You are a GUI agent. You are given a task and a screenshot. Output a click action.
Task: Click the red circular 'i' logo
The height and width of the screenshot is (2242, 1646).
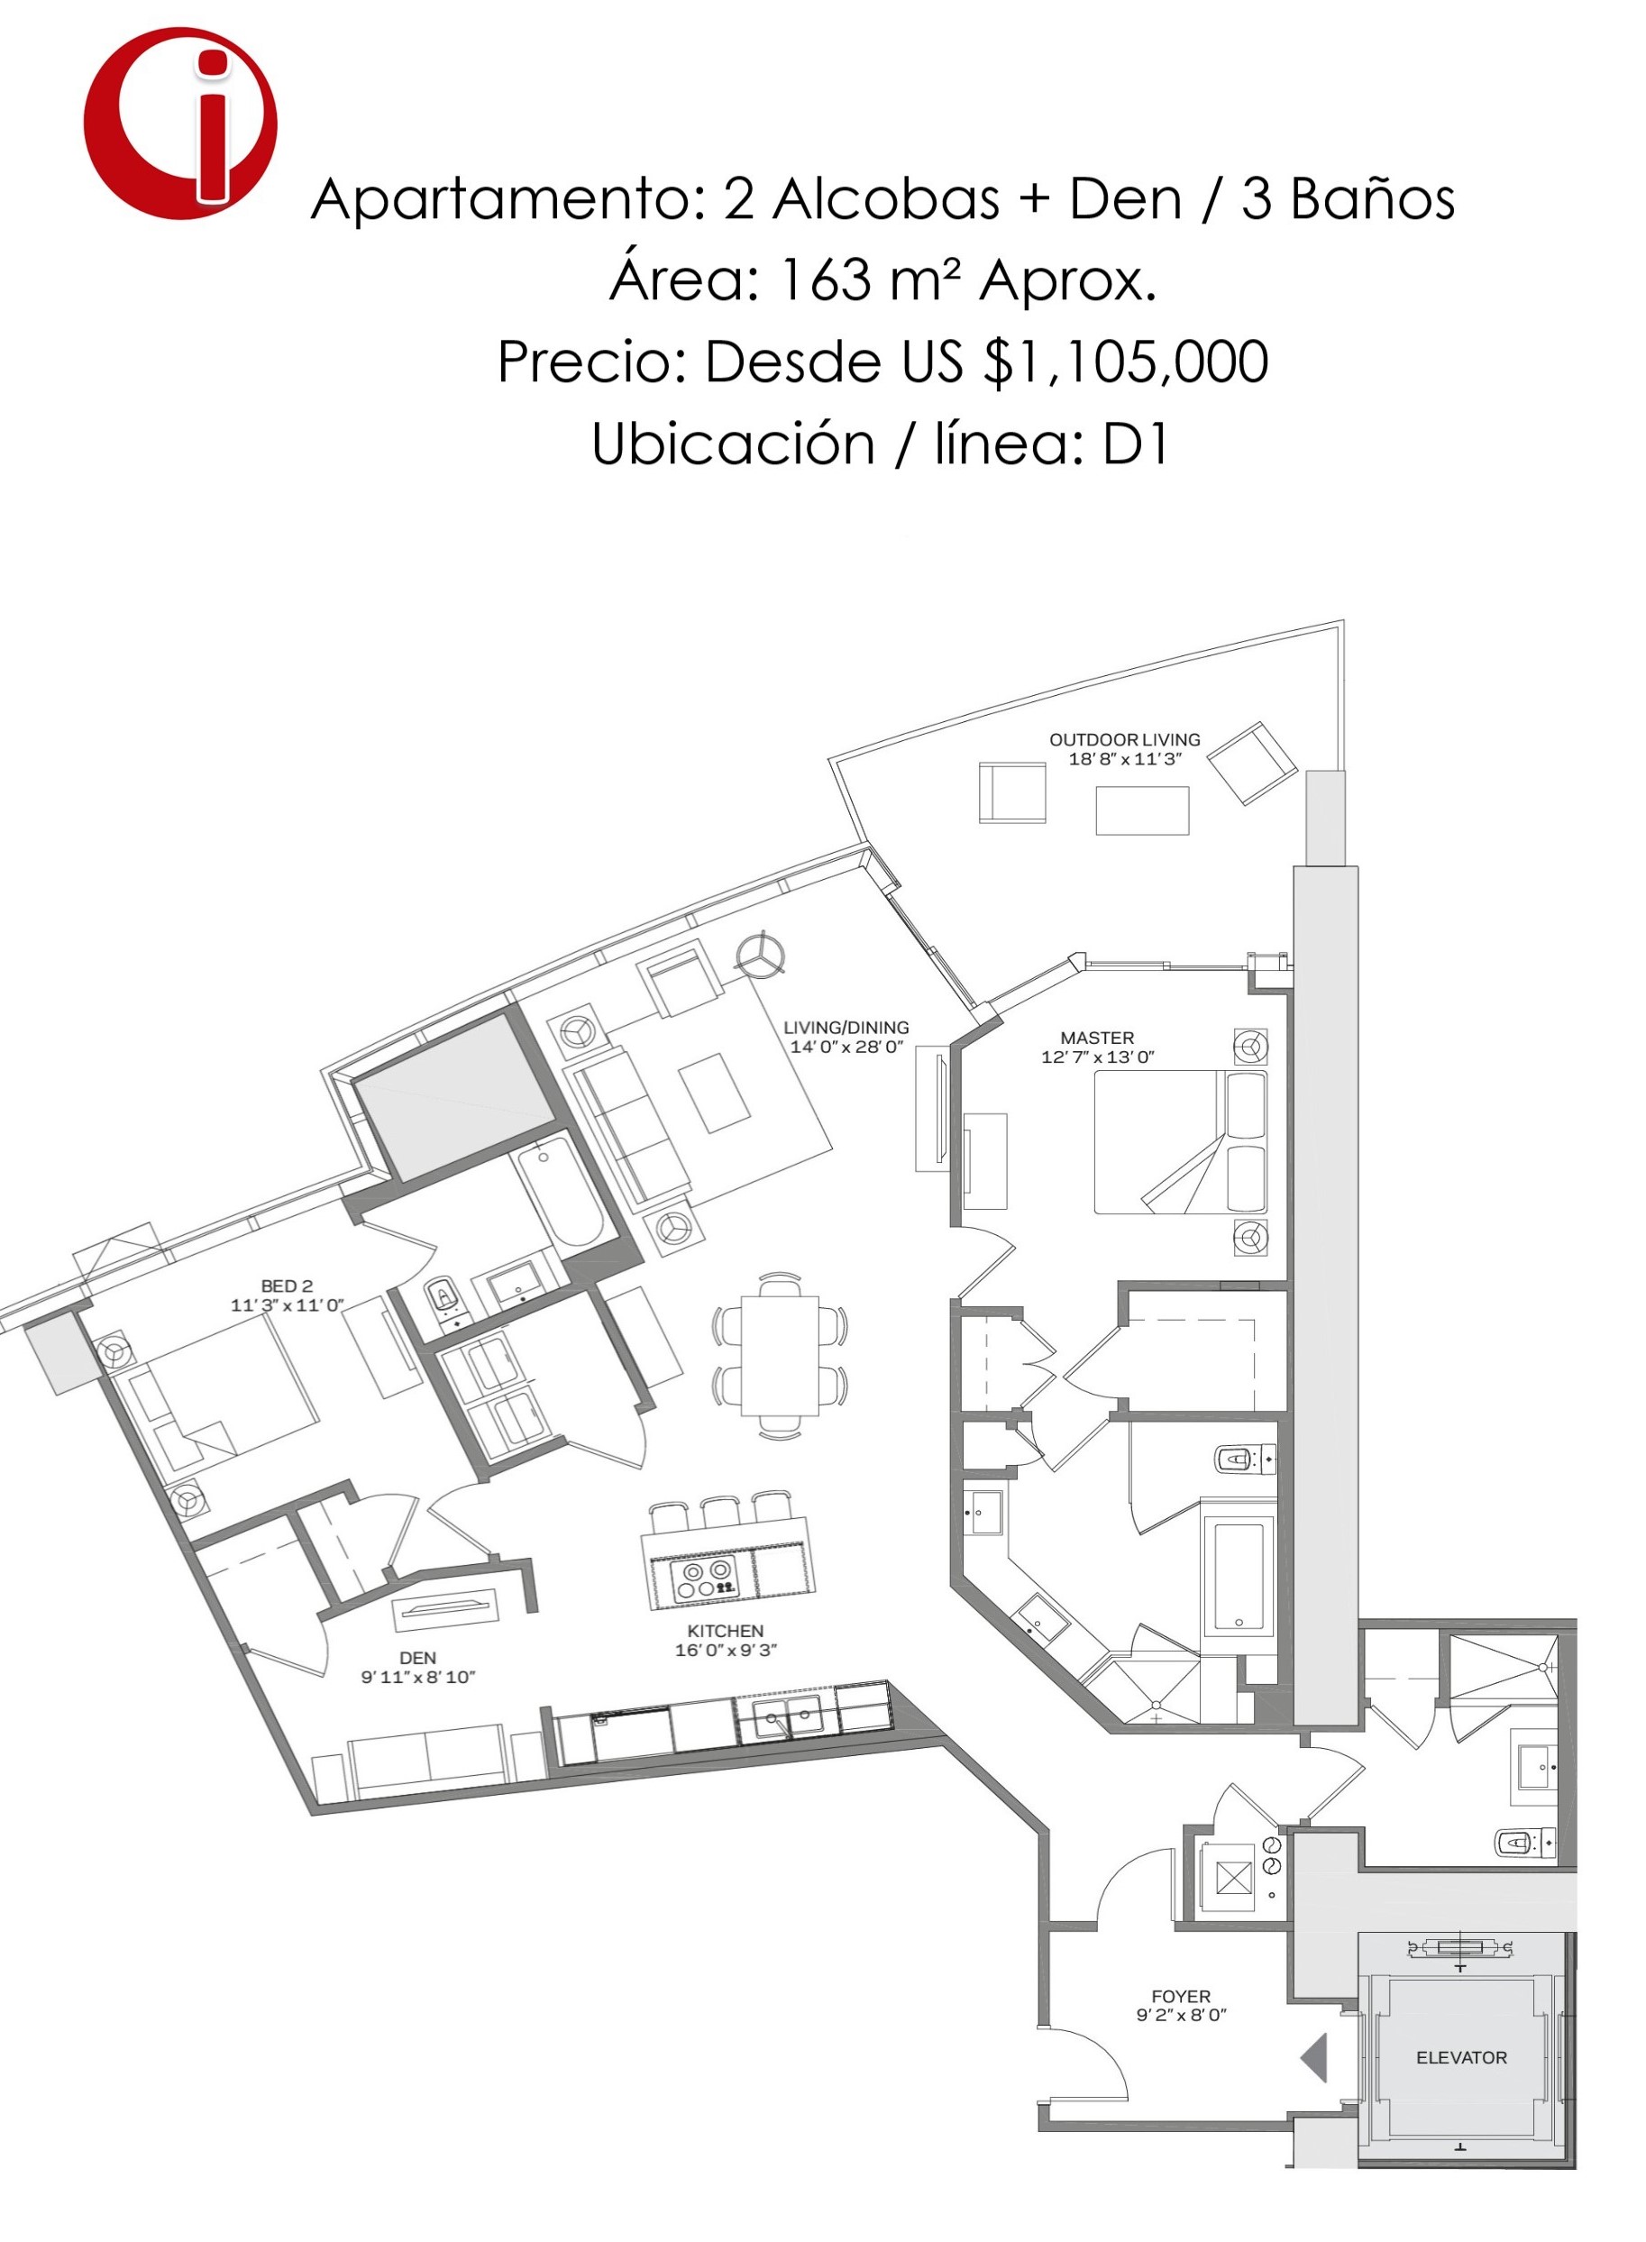[x=180, y=124]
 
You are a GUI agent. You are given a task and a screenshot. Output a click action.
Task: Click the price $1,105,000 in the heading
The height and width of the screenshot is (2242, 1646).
[x=1126, y=361]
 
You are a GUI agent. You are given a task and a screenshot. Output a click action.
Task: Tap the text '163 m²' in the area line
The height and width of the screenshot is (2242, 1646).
[x=867, y=280]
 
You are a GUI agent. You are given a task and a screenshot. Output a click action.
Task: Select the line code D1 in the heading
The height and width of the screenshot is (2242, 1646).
[x=1135, y=444]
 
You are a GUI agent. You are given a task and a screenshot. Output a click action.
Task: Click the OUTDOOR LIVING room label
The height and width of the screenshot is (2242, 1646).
[x=1124, y=739]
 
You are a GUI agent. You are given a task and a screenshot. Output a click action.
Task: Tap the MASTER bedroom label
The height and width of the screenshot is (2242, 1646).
[x=1097, y=1038]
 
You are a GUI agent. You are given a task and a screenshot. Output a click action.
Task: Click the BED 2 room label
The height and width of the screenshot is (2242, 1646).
[x=287, y=1286]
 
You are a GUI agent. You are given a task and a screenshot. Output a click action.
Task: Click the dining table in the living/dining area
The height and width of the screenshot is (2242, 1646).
[x=779, y=1354]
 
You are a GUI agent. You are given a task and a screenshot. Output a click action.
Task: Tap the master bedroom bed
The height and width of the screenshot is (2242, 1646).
[x=1181, y=1142]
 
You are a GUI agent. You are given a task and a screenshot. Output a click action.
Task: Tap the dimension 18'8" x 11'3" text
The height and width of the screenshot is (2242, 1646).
[x=1125, y=759]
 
